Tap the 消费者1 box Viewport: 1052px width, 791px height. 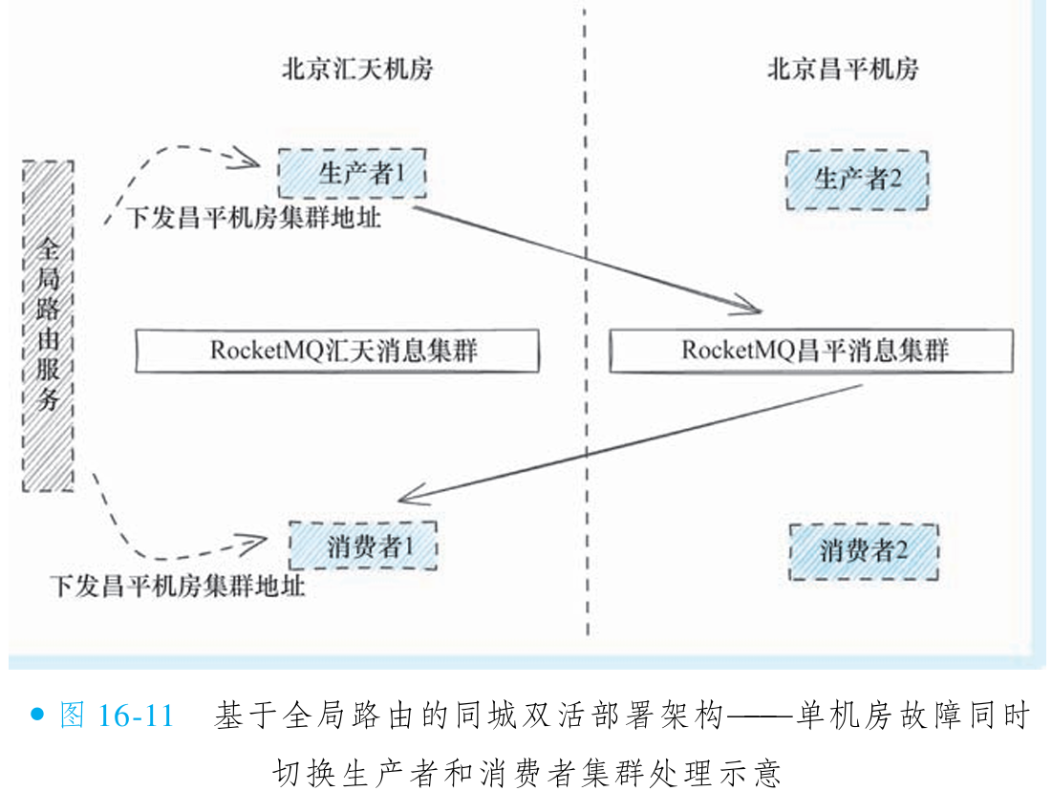point(363,546)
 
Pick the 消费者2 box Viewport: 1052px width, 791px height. point(863,550)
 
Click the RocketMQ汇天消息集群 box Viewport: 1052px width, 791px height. point(337,351)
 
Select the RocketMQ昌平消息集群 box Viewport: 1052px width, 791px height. point(810,351)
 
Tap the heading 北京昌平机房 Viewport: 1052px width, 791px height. point(842,70)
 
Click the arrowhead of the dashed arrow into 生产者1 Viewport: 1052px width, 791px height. point(256,154)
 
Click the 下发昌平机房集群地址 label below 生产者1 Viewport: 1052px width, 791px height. point(252,218)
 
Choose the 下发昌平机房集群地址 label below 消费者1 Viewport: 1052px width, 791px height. point(177,585)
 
